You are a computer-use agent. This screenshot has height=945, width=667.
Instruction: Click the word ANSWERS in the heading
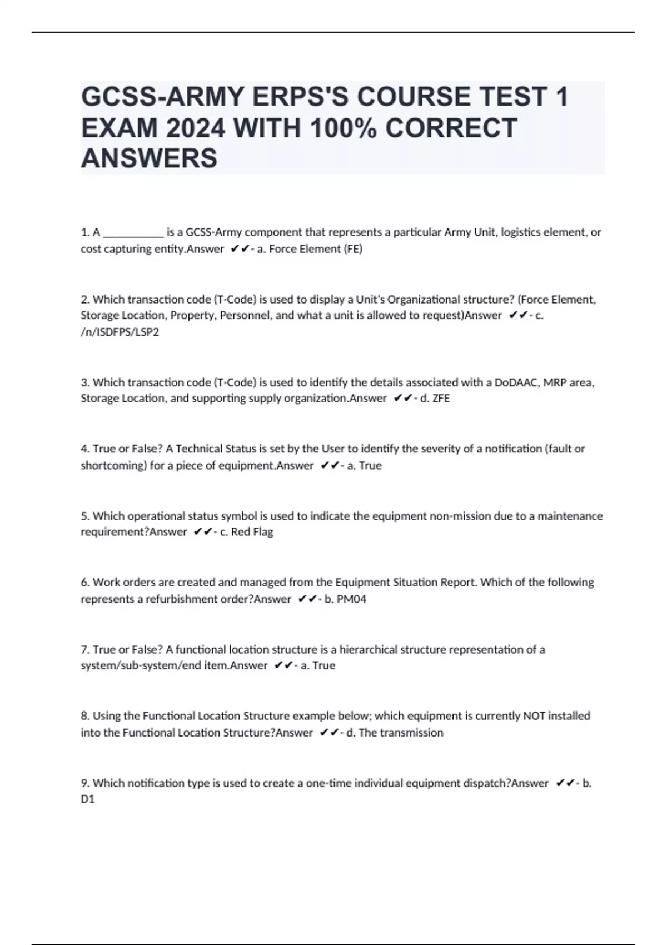click(x=149, y=158)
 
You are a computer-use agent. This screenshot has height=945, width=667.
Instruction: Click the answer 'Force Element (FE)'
click(x=316, y=249)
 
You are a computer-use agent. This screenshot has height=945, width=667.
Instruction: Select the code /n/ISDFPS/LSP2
click(x=120, y=332)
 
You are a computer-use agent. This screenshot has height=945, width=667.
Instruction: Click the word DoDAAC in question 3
click(x=517, y=382)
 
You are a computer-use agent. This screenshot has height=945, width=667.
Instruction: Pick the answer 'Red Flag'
click(x=252, y=532)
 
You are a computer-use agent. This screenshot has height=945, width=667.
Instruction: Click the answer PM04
click(x=351, y=599)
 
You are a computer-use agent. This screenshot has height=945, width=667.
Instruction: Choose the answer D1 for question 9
click(x=88, y=799)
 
